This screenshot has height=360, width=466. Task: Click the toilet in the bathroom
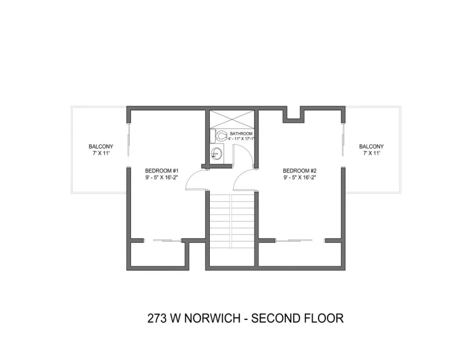tap(220, 137)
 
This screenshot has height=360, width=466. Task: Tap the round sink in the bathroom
tap(216, 153)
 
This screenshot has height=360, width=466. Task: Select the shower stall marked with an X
tap(232, 119)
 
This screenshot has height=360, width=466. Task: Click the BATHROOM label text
tap(241, 133)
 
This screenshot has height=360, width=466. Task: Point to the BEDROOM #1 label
tap(162, 170)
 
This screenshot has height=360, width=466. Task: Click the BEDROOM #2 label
tap(300, 170)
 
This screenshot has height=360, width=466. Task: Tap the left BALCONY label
tap(99, 146)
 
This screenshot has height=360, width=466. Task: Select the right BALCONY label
tap(371, 146)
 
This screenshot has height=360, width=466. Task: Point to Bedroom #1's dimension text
tap(162, 177)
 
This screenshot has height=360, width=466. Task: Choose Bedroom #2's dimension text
tap(300, 177)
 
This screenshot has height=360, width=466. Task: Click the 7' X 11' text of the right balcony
tap(371, 153)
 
